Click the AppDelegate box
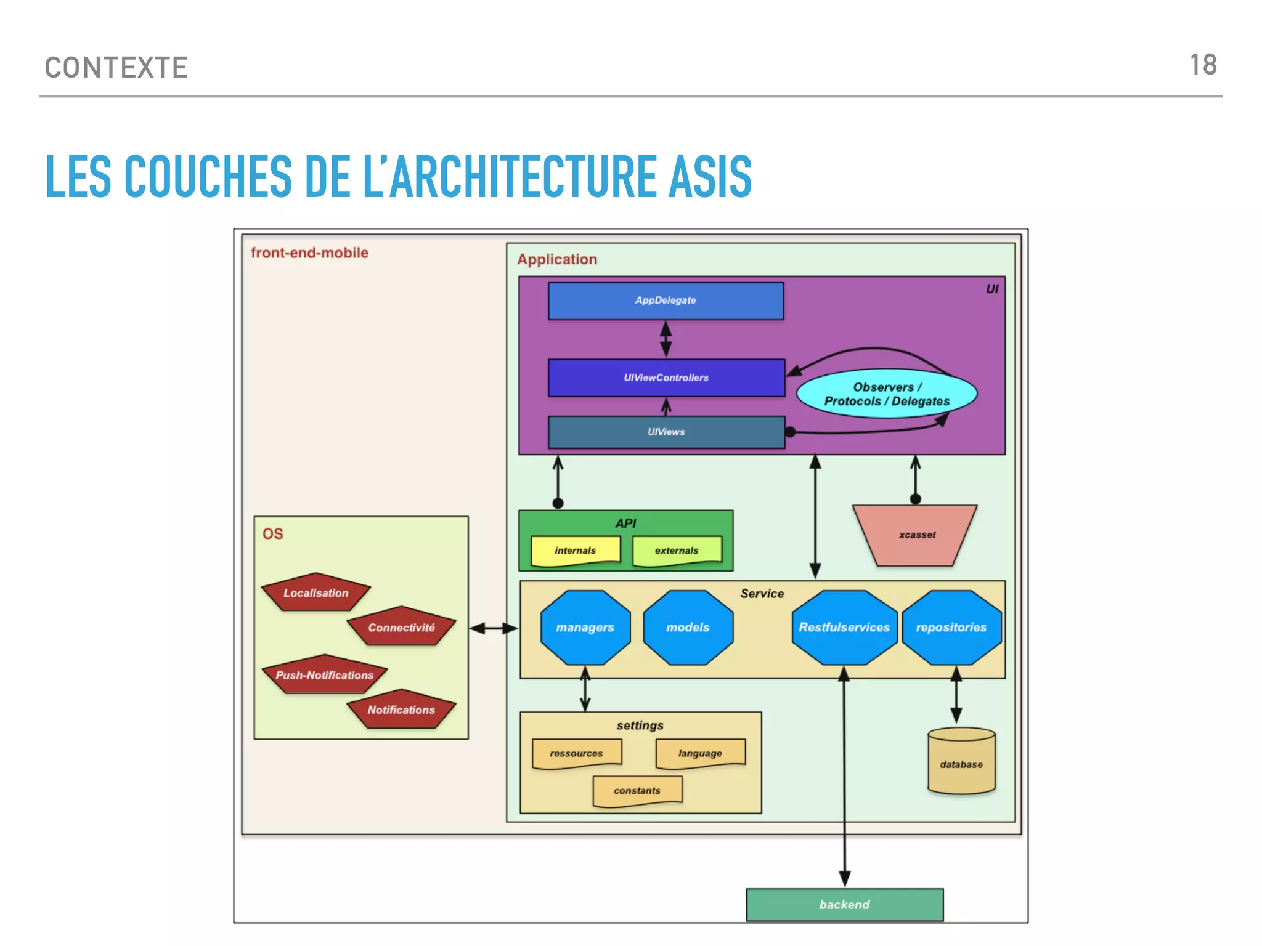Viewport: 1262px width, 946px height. point(666,301)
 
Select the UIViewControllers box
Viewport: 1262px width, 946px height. point(666,378)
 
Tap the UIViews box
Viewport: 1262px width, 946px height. point(666,432)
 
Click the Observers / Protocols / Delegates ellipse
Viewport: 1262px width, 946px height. point(886,394)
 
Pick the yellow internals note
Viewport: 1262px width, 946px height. point(575,550)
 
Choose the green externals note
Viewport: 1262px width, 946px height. point(676,550)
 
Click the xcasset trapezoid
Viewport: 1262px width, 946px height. point(916,535)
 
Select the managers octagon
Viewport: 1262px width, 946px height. point(585,628)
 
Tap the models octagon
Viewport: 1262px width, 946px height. point(688,628)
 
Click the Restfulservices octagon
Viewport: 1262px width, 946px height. point(844,628)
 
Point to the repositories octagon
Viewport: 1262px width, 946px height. point(951,628)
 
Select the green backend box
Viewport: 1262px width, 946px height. point(844,904)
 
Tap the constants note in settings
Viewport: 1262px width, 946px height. point(637,790)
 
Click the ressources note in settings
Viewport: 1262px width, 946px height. point(576,753)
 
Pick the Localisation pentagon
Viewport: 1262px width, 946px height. point(315,593)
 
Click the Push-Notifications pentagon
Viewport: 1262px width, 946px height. point(324,675)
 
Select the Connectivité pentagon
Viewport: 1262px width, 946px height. point(401,628)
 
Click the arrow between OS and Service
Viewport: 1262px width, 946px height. point(494,628)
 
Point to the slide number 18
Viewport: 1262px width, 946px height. point(1202,65)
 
